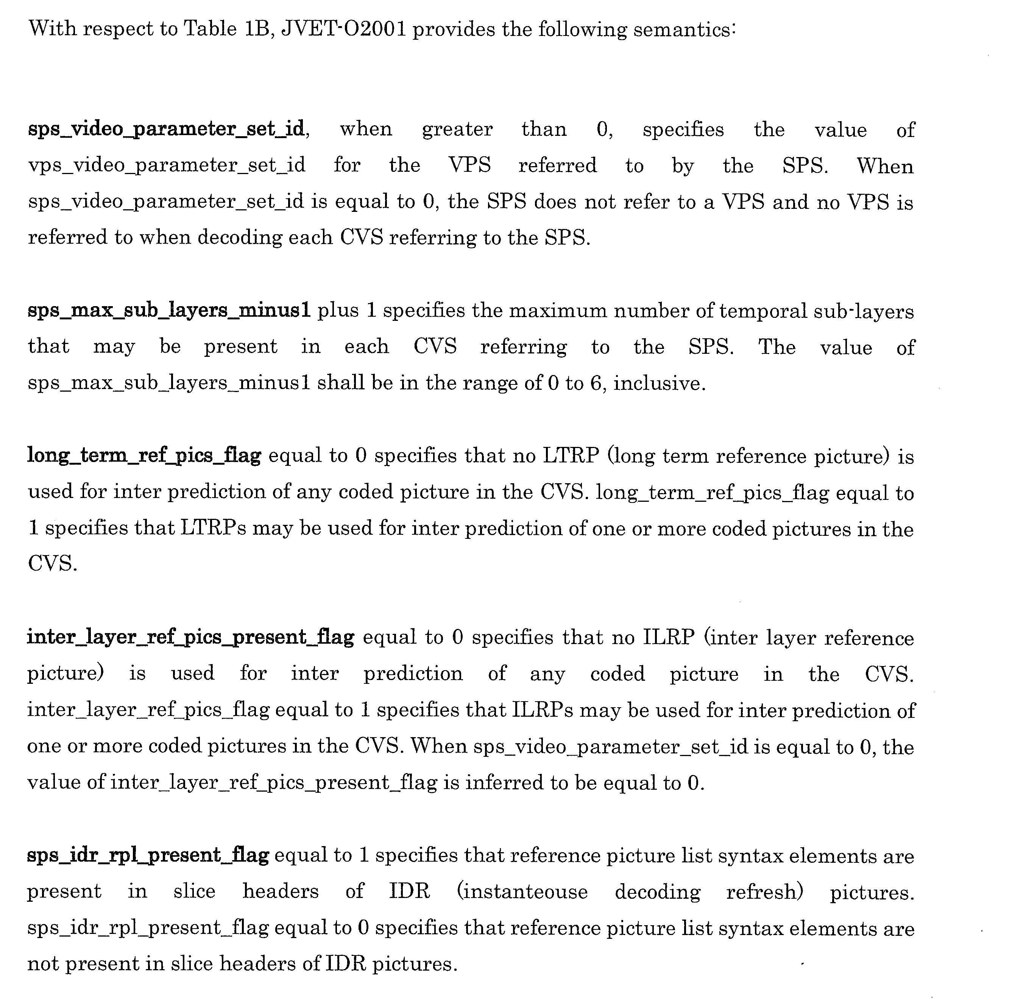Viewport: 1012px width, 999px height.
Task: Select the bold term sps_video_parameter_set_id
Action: tap(166, 129)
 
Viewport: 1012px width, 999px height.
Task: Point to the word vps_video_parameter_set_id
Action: tap(166, 165)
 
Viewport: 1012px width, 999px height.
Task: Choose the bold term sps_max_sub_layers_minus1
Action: tap(169, 311)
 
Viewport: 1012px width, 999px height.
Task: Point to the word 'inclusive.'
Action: tap(660, 383)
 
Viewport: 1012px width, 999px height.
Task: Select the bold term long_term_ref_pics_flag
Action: tap(144, 456)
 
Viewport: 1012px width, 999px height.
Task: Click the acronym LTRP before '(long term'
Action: tap(571, 456)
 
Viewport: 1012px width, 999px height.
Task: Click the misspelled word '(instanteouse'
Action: tap(522, 891)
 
